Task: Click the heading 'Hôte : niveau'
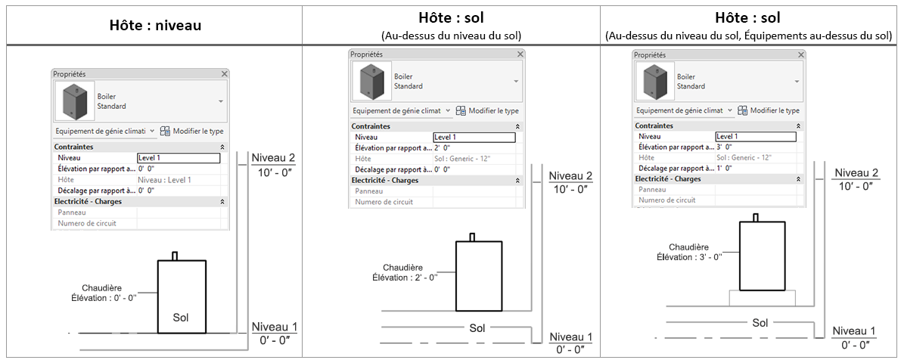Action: tap(154, 25)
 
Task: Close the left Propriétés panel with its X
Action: tap(225, 74)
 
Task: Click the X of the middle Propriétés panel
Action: tap(520, 54)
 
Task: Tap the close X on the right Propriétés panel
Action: tap(801, 55)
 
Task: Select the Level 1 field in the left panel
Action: tap(179, 158)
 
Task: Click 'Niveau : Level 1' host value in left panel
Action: tap(165, 180)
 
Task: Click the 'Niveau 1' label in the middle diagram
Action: tap(571, 337)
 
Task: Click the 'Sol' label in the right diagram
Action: tap(760, 323)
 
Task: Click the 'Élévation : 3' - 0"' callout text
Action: tap(689, 257)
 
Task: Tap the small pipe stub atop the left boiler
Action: tap(175, 256)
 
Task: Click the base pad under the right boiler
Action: tap(761, 297)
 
